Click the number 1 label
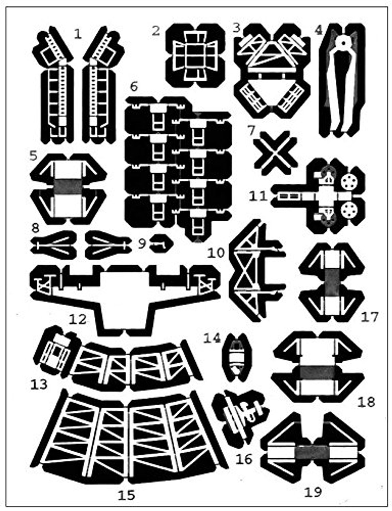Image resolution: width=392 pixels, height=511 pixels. (78, 34)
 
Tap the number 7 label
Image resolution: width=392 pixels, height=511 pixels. (251, 130)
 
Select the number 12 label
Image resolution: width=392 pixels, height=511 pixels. (77, 319)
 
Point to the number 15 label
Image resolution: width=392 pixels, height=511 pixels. (126, 495)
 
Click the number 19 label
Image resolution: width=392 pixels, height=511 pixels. (313, 492)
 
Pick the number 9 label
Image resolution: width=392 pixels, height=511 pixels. (142, 243)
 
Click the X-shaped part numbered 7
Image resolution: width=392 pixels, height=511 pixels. (276, 153)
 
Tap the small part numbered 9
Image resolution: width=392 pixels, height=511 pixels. (160, 244)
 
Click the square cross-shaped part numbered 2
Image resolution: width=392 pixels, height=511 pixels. (195, 55)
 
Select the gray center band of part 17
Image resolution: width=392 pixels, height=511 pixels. (331, 282)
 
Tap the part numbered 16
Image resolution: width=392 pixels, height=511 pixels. (239, 415)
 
